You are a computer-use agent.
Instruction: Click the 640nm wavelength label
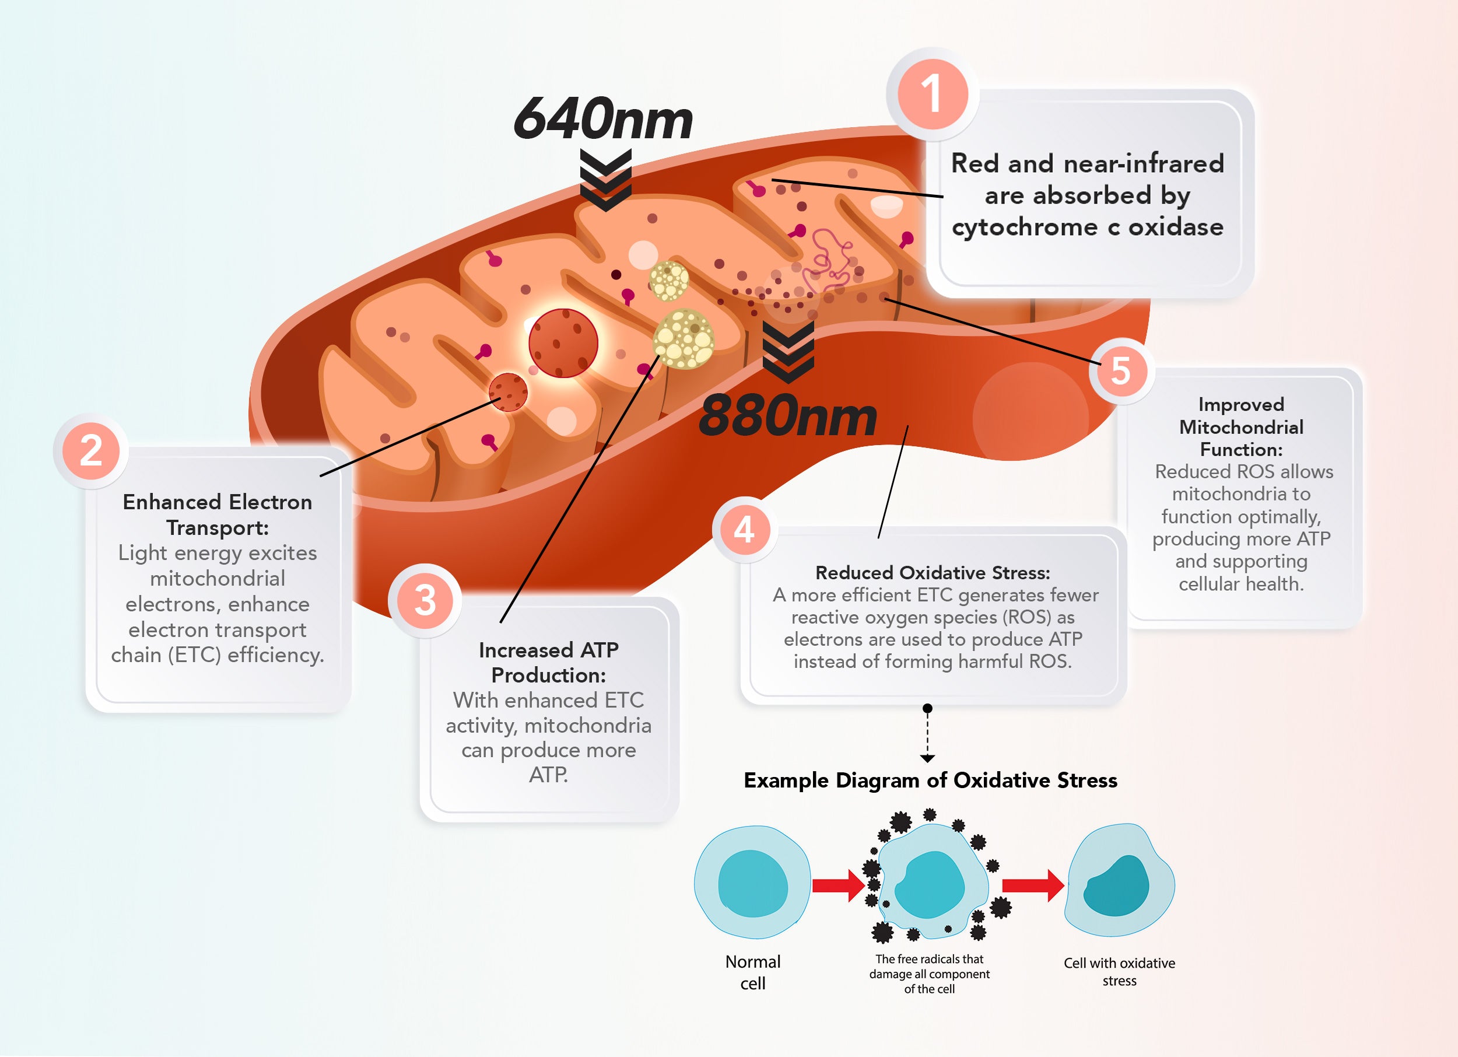pyautogui.click(x=603, y=120)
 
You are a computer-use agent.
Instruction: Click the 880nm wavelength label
pyautogui.click(x=787, y=416)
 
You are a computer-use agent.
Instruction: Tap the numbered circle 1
pyautogui.click(x=932, y=94)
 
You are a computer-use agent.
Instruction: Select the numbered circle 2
pyautogui.click(x=90, y=451)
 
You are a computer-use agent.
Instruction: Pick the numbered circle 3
pyautogui.click(x=425, y=600)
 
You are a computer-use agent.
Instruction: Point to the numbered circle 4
pyautogui.click(x=744, y=530)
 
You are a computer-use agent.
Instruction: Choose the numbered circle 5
pyautogui.click(x=1120, y=371)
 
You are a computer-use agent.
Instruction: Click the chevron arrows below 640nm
pyautogui.click(x=605, y=180)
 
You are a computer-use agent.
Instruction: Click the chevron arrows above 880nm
pyautogui.click(x=788, y=352)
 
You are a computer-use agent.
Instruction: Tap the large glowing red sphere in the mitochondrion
pyautogui.click(x=563, y=342)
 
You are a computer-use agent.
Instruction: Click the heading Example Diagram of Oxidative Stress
pyautogui.click(x=930, y=780)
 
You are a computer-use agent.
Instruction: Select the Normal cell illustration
pyautogui.click(x=752, y=882)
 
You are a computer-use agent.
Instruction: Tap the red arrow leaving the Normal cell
pyautogui.click(x=838, y=885)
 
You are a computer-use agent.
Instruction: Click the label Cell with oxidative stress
pyautogui.click(x=1119, y=971)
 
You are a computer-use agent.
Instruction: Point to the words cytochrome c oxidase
pyautogui.click(x=1087, y=227)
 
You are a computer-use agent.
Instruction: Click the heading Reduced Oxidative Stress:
pyautogui.click(x=932, y=572)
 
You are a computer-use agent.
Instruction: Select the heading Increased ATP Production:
pyautogui.click(x=548, y=662)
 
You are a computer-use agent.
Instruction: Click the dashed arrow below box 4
pyautogui.click(x=927, y=734)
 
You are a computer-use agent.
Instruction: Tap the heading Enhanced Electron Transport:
pyautogui.click(x=218, y=514)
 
